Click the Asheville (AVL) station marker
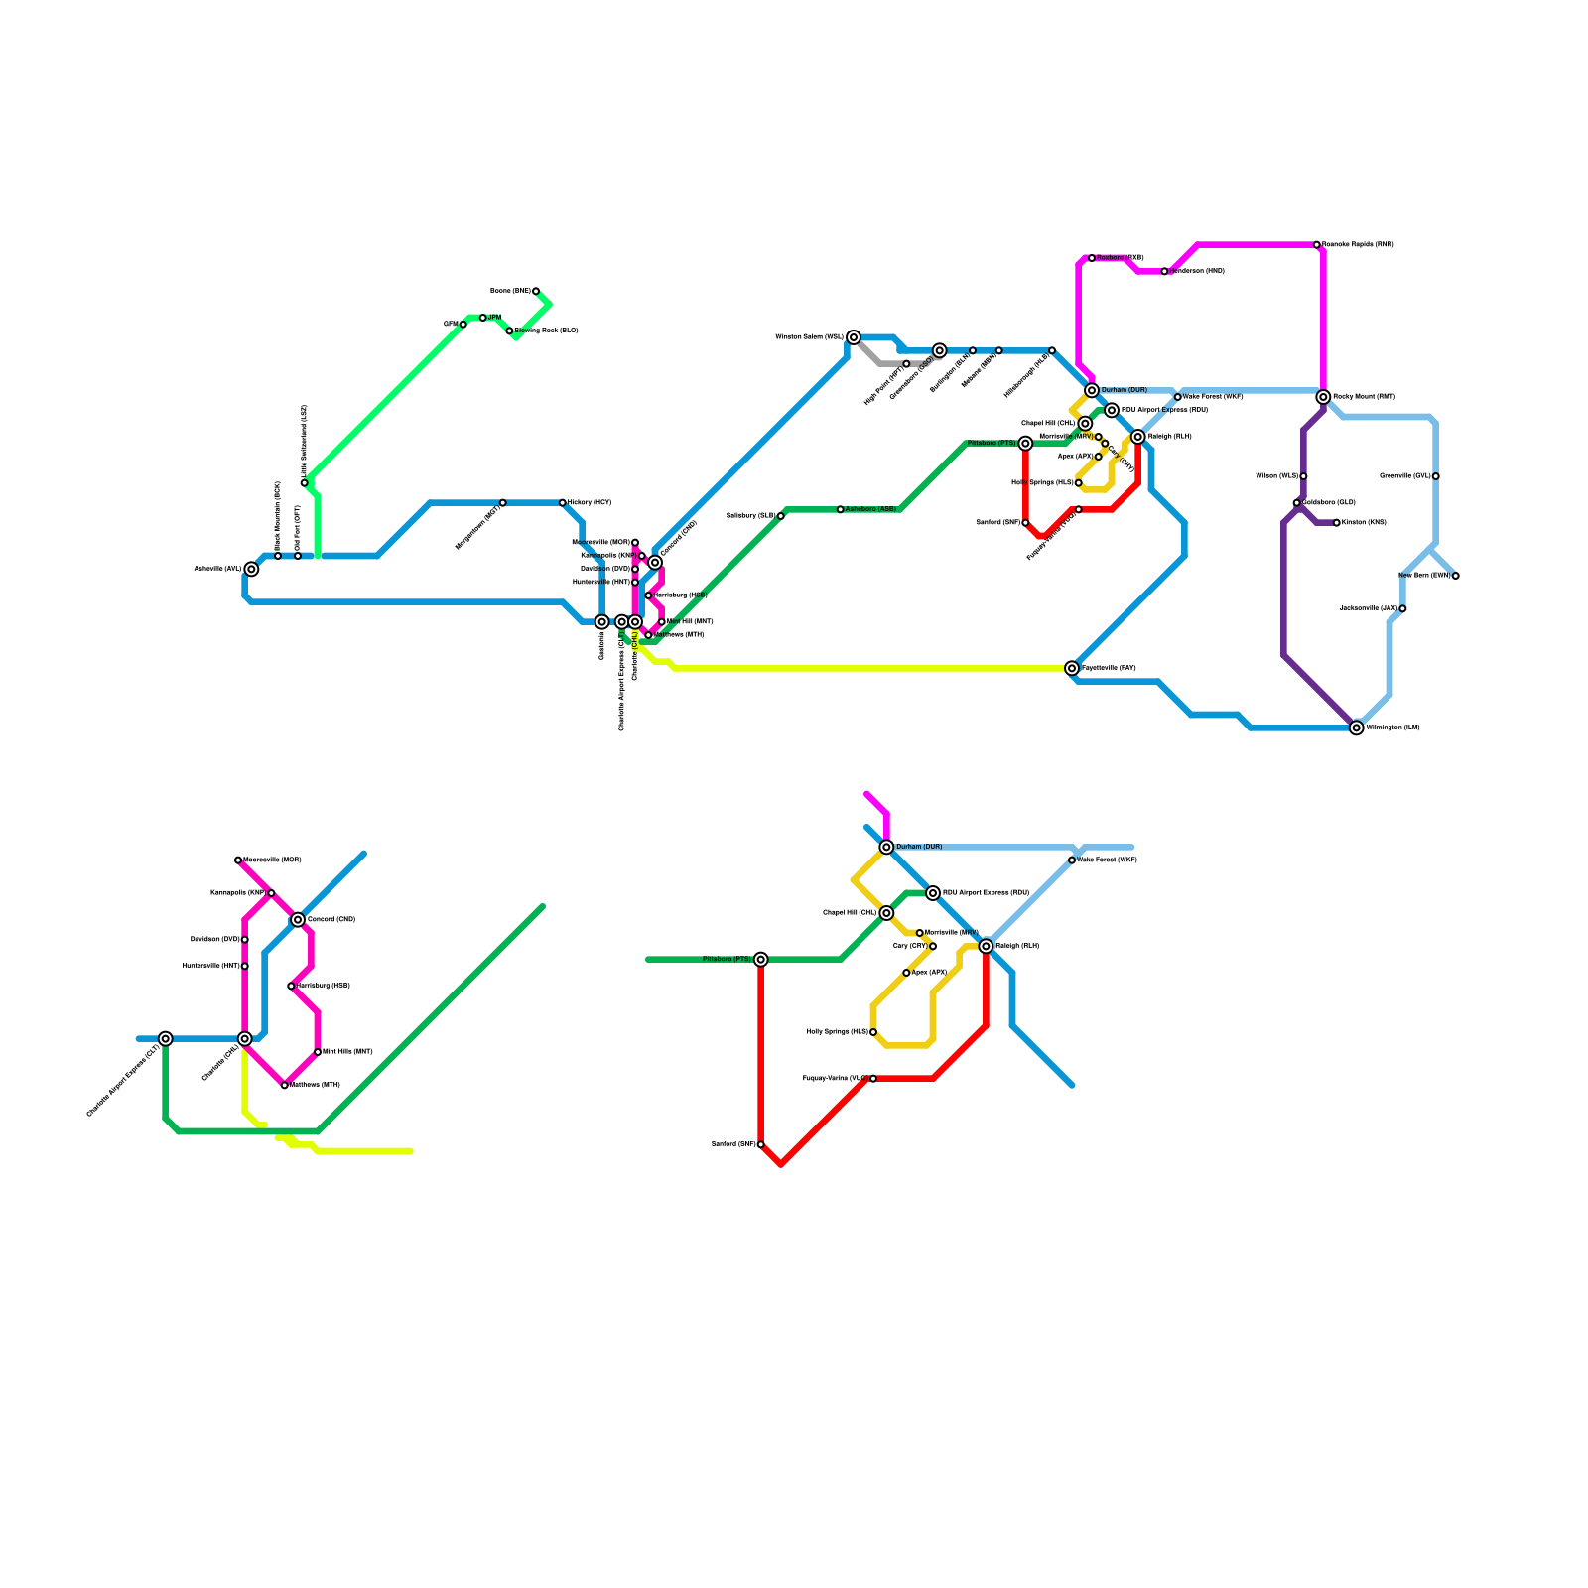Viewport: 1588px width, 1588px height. tap(251, 569)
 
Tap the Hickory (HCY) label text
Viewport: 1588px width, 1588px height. tap(590, 503)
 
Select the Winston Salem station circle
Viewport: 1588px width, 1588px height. tap(854, 337)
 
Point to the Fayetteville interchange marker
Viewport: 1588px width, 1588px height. tap(1072, 668)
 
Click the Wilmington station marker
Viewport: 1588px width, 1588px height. tap(1357, 728)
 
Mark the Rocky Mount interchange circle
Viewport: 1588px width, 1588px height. tap(1323, 397)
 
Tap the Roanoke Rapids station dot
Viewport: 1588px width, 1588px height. tap(1317, 244)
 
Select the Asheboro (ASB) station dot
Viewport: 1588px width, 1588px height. tap(841, 509)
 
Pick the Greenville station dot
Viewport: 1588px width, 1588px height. tap(1436, 476)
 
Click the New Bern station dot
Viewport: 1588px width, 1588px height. tap(1456, 576)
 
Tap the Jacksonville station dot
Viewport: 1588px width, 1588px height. tap(1402, 608)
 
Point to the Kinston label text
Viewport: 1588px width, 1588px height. tap(1364, 523)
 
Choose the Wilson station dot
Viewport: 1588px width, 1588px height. tap(1303, 476)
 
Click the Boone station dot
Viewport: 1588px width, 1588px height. tap(536, 291)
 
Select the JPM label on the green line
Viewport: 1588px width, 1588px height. tap(494, 318)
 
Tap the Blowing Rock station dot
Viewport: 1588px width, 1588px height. tap(509, 331)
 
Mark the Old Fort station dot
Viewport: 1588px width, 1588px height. tap(298, 556)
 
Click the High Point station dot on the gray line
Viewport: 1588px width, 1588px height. tap(906, 364)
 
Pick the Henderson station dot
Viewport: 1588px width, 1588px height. tap(1164, 271)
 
